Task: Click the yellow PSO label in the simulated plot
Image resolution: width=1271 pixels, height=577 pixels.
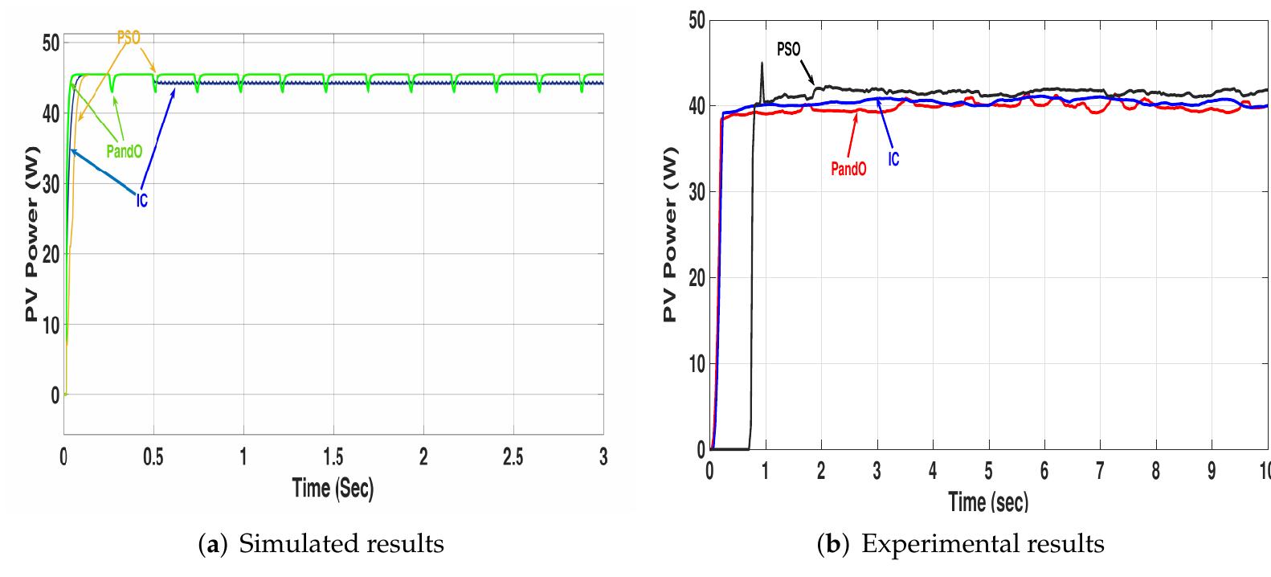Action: point(129,37)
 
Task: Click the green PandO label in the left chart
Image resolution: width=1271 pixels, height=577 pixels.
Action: point(124,151)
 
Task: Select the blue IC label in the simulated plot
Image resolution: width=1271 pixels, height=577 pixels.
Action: point(141,200)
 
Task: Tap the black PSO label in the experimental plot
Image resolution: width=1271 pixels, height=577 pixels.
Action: point(788,50)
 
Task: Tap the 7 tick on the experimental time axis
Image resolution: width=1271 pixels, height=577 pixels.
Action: point(1100,471)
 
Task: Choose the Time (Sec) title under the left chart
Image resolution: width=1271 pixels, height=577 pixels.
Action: point(333,487)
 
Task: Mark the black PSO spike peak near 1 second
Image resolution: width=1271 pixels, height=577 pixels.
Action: point(762,63)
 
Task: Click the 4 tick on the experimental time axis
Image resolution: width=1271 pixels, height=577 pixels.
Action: point(933,471)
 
